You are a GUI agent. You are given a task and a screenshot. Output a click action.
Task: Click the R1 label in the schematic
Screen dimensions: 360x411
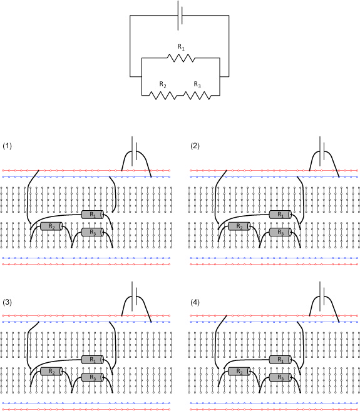coord(181,47)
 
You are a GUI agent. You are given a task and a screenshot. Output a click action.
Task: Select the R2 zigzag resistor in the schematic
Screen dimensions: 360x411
coord(163,96)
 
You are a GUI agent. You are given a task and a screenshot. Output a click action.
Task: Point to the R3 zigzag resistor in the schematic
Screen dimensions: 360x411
coord(197,96)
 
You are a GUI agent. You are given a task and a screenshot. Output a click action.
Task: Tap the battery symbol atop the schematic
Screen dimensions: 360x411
coord(180,15)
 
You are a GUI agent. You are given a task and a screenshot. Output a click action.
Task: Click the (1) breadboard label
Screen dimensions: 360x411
coord(7,146)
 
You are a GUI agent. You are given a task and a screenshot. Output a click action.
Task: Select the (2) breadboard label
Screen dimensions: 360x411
coord(195,146)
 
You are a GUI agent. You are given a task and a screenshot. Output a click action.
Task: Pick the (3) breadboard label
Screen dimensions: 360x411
coord(7,302)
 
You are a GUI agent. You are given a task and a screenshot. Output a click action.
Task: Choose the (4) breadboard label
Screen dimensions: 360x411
coord(195,302)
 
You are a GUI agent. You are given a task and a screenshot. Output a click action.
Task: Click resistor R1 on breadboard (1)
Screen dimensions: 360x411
coord(93,215)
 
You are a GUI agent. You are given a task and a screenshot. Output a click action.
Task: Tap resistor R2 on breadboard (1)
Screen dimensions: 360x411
coord(51,226)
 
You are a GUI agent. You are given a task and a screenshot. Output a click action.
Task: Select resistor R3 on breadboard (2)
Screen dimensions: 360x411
coord(280,232)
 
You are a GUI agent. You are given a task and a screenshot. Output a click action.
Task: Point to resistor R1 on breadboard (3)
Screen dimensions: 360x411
coord(93,360)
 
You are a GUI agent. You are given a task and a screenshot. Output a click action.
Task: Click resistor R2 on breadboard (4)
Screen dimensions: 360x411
coord(239,372)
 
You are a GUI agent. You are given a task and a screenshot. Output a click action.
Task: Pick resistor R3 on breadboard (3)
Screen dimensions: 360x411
coord(93,377)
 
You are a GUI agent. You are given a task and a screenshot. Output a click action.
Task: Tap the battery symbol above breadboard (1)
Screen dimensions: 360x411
coord(134,151)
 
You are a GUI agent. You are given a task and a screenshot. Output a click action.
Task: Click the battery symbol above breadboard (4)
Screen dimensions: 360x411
coord(322,297)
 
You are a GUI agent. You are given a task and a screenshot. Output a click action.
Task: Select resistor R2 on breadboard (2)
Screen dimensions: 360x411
coord(239,226)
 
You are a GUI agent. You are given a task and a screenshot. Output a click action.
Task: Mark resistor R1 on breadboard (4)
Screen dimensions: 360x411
coord(280,360)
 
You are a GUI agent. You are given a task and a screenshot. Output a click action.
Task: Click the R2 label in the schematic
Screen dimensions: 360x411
coord(163,84)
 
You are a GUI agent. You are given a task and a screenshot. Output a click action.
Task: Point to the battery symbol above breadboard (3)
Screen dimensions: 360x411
coord(134,297)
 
